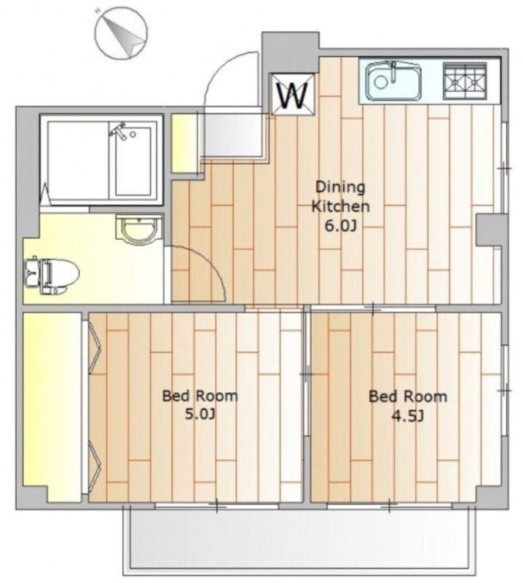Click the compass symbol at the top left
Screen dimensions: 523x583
click(x=121, y=33)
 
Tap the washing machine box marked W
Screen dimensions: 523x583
click(x=294, y=95)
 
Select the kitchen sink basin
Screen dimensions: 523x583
click(x=393, y=81)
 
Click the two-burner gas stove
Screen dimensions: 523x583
click(x=465, y=81)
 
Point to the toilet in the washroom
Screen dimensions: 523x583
click(x=51, y=275)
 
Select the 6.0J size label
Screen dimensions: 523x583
click(x=340, y=226)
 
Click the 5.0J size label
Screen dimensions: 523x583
click(x=200, y=414)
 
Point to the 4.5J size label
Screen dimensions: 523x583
click(x=408, y=416)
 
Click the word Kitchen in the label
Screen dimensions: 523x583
click(x=340, y=206)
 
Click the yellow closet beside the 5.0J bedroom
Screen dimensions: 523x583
click(x=52, y=407)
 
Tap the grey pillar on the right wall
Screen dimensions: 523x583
click(x=492, y=230)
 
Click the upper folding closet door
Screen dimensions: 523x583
click(x=95, y=348)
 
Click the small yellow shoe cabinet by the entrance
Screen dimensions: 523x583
click(x=184, y=144)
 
